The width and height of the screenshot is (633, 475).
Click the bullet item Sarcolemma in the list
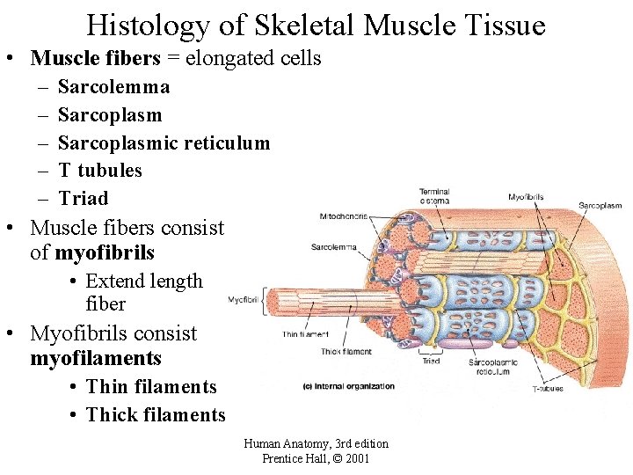pos(113,86)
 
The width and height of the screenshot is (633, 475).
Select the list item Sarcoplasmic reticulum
pos(164,142)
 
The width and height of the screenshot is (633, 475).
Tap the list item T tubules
pos(99,170)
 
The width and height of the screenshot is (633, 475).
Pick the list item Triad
pos(83,198)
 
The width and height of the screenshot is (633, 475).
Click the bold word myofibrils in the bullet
pos(105,252)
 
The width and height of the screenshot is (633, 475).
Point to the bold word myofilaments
pos(96,358)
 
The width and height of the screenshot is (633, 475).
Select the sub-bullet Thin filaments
pos(151,386)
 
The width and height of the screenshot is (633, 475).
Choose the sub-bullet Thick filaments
pos(156,414)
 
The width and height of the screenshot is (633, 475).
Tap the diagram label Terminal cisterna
pos(434,195)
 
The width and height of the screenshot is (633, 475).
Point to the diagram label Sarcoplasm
pos(600,206)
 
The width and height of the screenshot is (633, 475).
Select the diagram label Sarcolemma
pos(334,247)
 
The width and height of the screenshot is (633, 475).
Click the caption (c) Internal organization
pos(348,386)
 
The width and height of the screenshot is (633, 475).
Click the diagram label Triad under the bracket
pos(431,361)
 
